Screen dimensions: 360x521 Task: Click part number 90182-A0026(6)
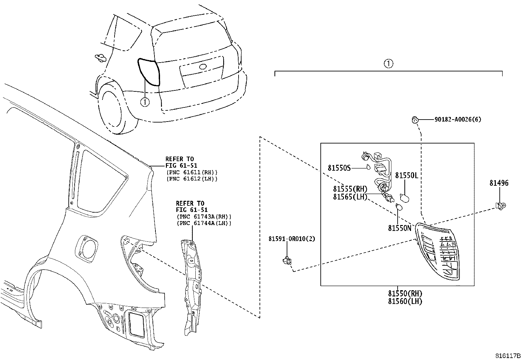[458, 120]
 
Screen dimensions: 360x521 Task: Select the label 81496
[499, 183]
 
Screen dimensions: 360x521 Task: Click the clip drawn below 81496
[500, 206]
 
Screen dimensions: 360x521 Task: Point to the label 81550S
[339, 168]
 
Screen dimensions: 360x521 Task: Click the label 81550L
[406, 176]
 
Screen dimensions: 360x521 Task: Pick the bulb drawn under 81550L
[405, 197]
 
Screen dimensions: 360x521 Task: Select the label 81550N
[399, 228]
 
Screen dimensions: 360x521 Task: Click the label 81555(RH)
[350, 189]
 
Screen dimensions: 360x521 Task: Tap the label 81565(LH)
[350, 197]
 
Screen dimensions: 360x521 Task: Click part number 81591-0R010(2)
[292, 239]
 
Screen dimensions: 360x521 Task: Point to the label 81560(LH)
[405, 301]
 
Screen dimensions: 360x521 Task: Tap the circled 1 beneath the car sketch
[144, 102]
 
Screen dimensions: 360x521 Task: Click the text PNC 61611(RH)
[191, 172]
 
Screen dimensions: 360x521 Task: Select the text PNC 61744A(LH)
[203, 223]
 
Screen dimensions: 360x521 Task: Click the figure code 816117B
[507, 356]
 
